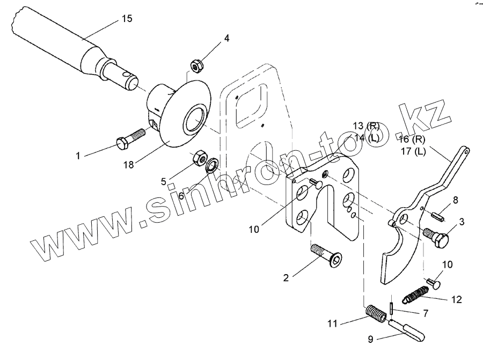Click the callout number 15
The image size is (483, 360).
pos(127,19)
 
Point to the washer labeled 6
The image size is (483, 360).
pos(211,165)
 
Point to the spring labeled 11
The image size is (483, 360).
pos(376,314)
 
